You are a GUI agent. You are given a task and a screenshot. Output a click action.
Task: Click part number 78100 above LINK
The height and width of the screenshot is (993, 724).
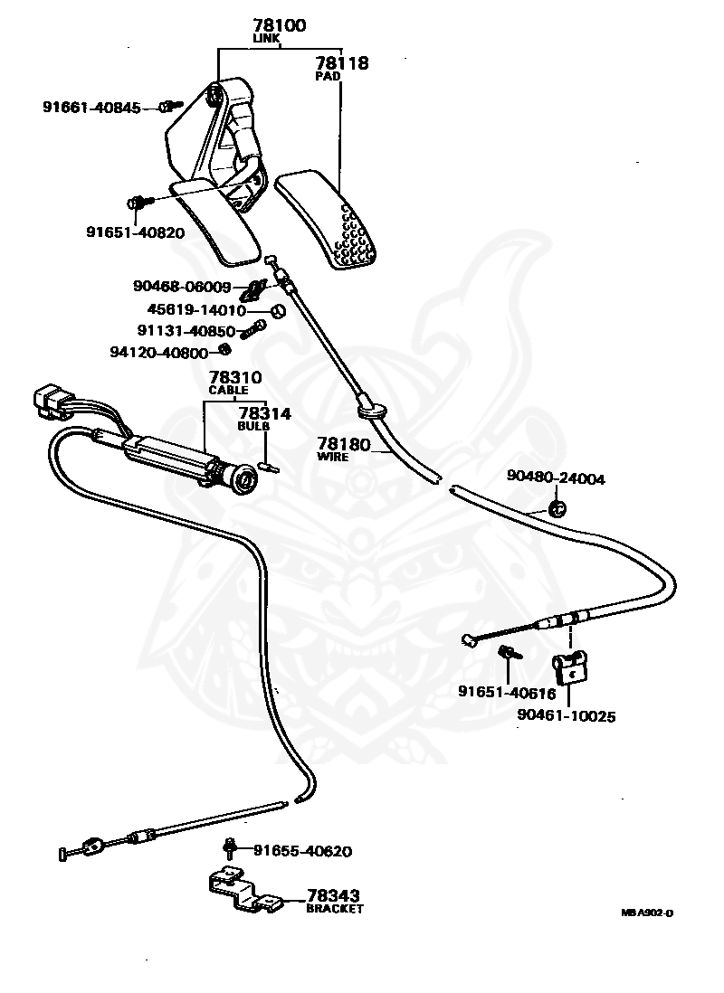click(279, 25)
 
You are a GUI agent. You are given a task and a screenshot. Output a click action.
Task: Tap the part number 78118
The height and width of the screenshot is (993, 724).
click(342, 62)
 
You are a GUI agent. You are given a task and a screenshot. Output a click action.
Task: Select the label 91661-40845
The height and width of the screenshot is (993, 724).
click(92, 108)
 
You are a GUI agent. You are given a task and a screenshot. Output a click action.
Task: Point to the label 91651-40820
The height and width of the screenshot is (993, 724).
click(136, 232)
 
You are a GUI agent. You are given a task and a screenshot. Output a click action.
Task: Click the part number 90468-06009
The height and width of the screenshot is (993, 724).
click(182, 287)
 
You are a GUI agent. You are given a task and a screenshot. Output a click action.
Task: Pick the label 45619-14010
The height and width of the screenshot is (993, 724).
click(196, 309)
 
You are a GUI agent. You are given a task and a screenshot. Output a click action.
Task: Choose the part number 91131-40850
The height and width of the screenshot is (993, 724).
click(186, 331)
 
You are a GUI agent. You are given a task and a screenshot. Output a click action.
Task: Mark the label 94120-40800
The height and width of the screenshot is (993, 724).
click(159, 352)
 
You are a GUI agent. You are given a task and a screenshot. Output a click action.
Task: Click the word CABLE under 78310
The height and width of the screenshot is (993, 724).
click(228, 390)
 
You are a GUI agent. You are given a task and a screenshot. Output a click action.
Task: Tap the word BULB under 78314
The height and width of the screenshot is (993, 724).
click(253, 426)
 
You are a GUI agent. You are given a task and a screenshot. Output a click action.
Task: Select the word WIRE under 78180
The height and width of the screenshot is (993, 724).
click(333, 457)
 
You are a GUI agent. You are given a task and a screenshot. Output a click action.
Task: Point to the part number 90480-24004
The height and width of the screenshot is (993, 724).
click(556, 478)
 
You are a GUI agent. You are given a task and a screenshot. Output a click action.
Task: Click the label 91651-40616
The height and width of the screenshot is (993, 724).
click(507, 693)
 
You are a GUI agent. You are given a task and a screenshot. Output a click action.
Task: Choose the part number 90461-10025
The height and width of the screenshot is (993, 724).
click(567, 715)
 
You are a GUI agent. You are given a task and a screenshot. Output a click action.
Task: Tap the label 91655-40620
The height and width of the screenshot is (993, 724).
click(302, 850)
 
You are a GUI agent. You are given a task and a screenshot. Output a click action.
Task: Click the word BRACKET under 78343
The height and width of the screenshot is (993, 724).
click(335, 908)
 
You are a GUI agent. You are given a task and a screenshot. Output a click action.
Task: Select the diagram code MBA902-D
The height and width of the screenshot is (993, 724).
click(647, 913)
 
